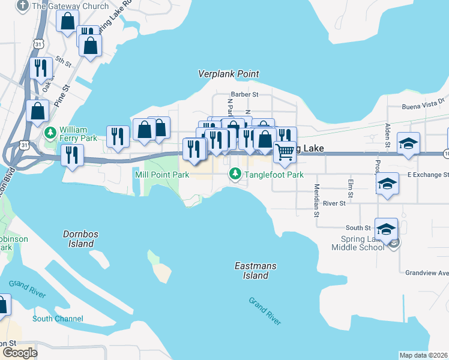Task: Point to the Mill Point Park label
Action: tap(162, 175)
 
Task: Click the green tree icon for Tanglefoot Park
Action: tap(235, 174)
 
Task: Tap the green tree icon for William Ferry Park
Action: tap(52, 130)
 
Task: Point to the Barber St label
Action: tap(244, 94)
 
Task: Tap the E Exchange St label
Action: tap(427, 175)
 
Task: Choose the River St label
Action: tap(334, 203)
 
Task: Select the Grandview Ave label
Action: tap(426, 272)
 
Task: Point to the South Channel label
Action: tap(58, 319)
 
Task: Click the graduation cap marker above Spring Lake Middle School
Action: tap(386, 229)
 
